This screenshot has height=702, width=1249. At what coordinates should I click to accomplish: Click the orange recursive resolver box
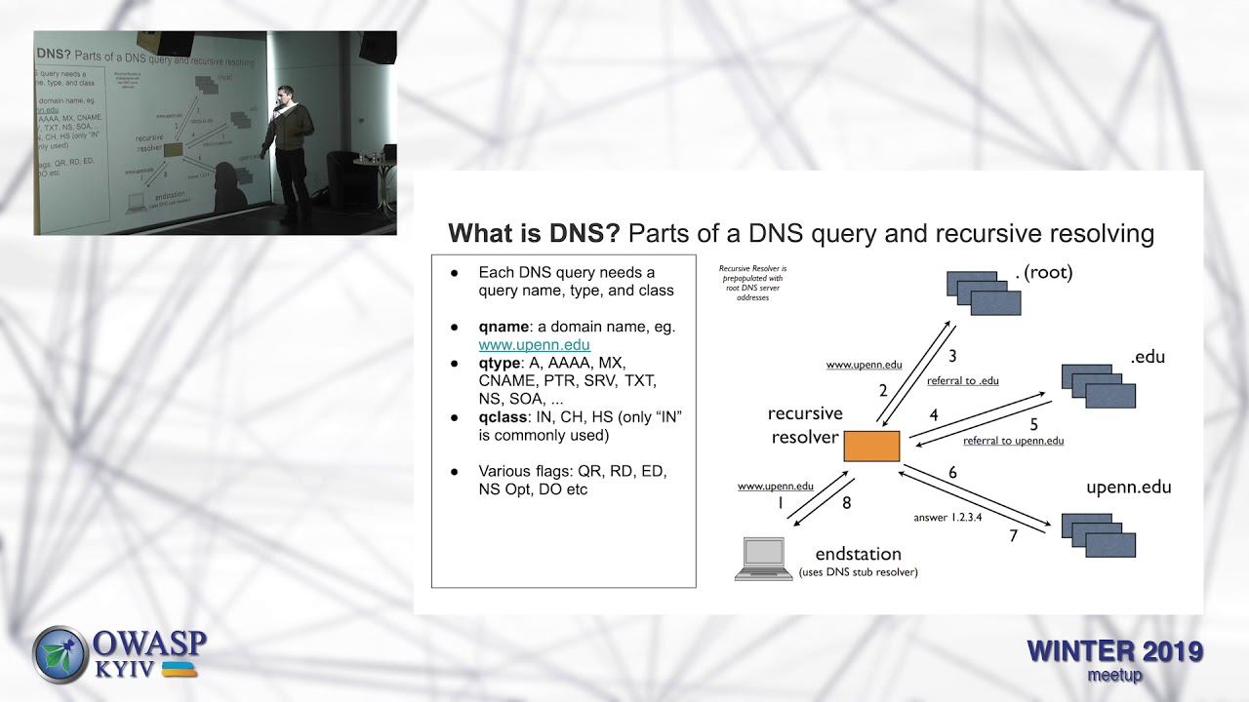point(871,446)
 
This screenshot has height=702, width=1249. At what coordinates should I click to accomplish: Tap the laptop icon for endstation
point(764,559)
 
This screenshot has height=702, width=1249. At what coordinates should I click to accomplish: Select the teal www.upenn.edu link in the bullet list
point(534,345)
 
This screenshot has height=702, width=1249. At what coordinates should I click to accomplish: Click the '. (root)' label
point(1043,273)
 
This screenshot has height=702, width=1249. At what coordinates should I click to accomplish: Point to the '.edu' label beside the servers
point(1148,357)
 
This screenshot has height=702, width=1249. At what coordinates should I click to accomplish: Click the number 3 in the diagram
point(952,356)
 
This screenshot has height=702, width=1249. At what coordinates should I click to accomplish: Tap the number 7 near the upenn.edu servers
point(1013,535)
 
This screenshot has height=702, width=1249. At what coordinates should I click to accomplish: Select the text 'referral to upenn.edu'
point(1013,441)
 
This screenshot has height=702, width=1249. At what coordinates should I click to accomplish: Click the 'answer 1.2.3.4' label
point(947,517)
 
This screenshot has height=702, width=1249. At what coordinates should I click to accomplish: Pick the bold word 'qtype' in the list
point(501,364)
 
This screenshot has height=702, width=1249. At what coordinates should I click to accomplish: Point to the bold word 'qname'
point(504,327)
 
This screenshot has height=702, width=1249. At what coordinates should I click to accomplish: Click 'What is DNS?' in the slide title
point(534,234)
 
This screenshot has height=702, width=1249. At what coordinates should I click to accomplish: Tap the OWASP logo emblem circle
point(60,654)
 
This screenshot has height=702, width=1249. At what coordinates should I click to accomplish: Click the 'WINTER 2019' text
point(1114,651)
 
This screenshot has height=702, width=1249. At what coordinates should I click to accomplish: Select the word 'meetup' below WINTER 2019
point(1113,675)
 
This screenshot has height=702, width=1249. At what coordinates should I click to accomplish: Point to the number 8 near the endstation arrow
point(846,503)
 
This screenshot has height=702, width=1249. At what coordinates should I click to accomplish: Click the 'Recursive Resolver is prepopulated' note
point(752,283)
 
